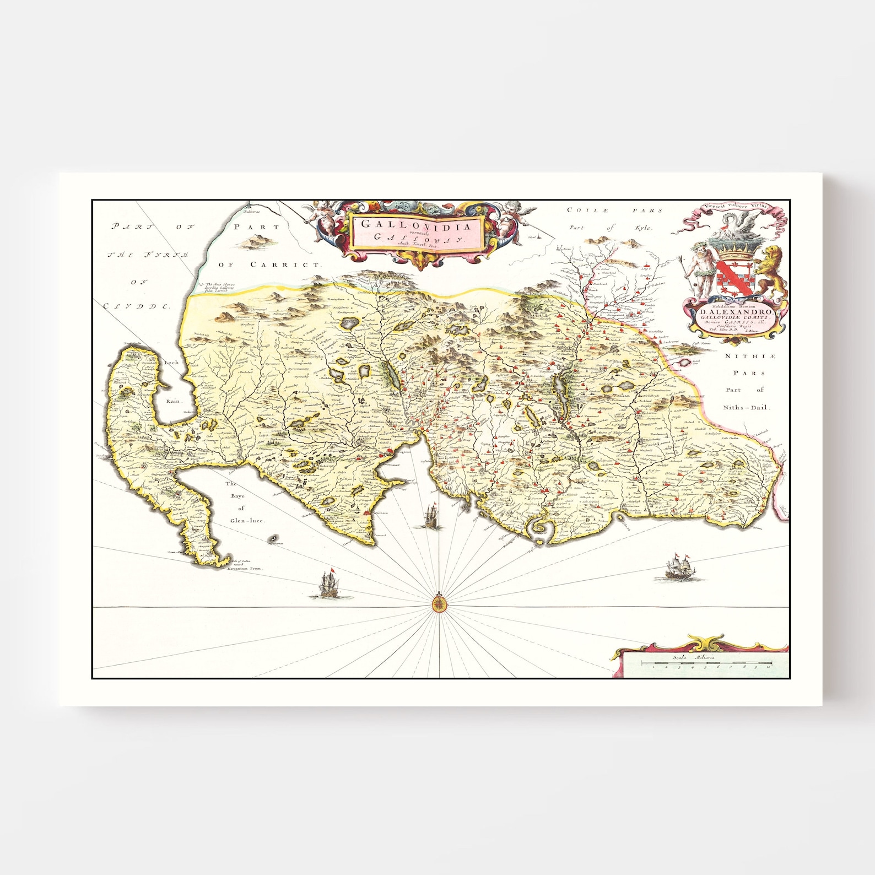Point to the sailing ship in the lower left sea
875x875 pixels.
coord(329,583)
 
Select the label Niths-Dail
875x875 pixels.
coord(748,408)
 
